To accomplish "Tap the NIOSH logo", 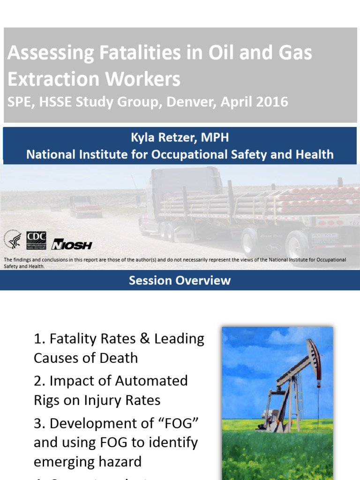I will point(71,244).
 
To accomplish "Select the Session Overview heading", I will point(180,280).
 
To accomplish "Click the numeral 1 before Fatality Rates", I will point(37,338).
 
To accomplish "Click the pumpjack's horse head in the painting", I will point(314,352).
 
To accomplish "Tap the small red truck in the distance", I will point(86,207).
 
